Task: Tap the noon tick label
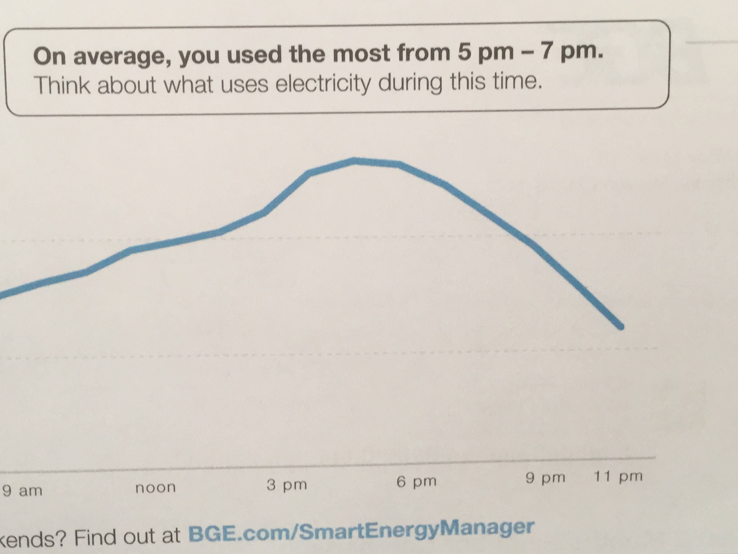click(156, 487)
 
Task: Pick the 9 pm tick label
click(545, 478)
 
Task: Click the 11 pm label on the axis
click(618, 476)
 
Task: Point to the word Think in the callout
click(62, 85)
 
